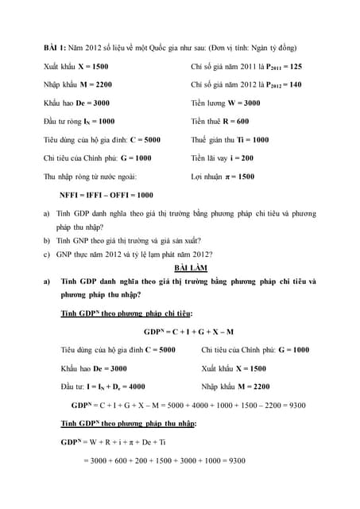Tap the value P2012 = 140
pyautogui.click(x=283, y=84)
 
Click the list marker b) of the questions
pyautogui.click(x=47, y=239)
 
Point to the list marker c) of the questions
pyautogui.click(x=47, y=254)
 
